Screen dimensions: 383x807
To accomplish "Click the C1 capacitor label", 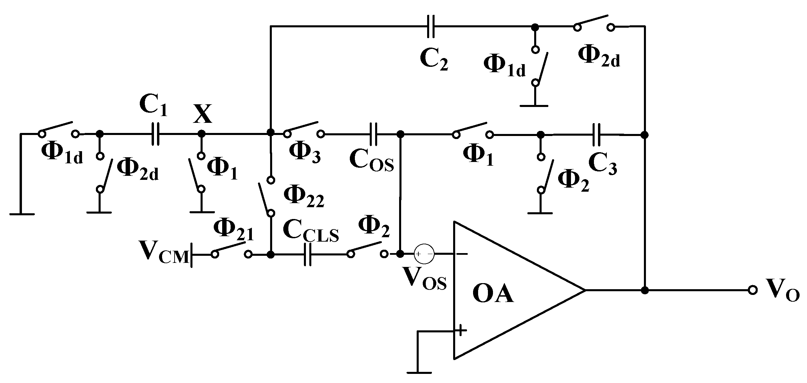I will click(153, 106).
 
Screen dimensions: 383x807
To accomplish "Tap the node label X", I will click(202, 114).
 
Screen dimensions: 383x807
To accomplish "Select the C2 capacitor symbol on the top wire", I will click(431, 26).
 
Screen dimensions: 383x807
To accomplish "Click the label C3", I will click(603, 164).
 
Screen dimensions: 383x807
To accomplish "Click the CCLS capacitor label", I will click(311, 231).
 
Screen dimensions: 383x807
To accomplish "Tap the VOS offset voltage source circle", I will click(424, 254).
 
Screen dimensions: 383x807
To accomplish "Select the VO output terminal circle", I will click(753, 290).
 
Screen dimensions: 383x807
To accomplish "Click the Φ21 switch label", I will click(233, 229).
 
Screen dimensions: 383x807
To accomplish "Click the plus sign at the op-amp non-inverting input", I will click(461, 330).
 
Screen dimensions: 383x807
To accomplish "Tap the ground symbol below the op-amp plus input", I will click(419, 372).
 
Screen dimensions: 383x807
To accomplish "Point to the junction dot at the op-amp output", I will click(645, 290).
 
